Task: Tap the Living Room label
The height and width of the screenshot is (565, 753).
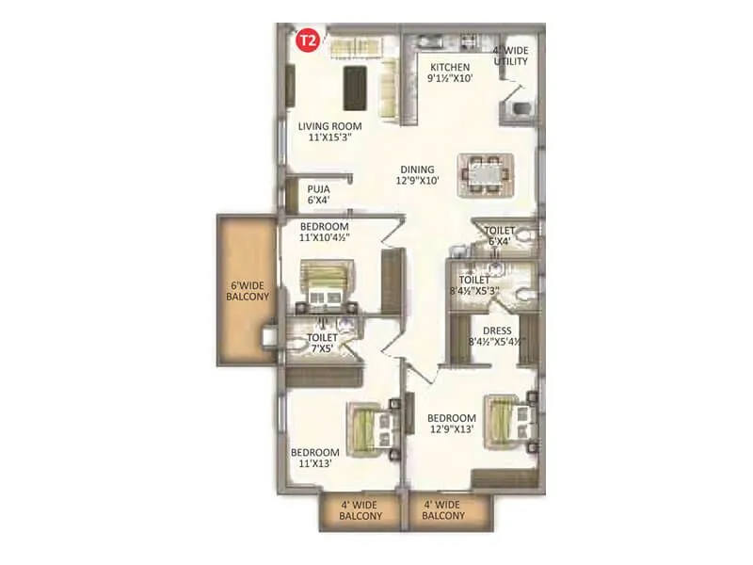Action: pyautogui.click(x=327, y=131)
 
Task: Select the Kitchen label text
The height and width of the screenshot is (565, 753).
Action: pyautogui.click(x=450, y=73)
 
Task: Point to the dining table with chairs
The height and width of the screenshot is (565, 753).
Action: pyautogui.click(x=485, y=175)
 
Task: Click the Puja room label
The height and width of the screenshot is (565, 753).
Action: pyautogui.click(x=317, y=194)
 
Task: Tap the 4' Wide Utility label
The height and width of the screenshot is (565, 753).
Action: pyautogui.click(x=510, y=56)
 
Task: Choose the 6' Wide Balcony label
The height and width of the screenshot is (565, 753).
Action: pyautogui.click(x=248, y=289)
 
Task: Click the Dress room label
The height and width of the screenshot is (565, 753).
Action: pyautogui.click(x=496, y=337)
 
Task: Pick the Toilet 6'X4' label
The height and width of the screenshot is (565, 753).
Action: pyautogui.click(x=500, y=236)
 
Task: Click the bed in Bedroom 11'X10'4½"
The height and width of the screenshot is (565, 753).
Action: pyautogui.click(x=324, y=284)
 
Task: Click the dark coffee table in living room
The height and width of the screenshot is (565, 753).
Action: pyautogui.click(x=357, y=88)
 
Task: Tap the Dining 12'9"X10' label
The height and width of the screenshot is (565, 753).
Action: pyautogui.click(x=414, y=176)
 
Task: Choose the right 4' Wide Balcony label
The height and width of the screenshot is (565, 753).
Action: pyautogui.click(x=444, y=509)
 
